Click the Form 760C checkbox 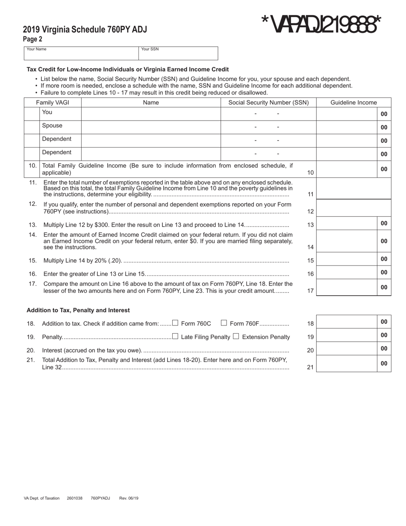[x=175, y=323]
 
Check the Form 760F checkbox [x=224, y=323]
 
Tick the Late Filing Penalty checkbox [x=175, y=337]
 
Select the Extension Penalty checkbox [x=235, y=337]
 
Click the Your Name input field [x=81, y=55]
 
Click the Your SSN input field [x=178, y=55]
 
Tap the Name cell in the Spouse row [x=151, y=127]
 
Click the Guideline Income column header [x=353, y=103]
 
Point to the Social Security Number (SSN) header [x=268, y=103]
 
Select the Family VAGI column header [x=52, y=103]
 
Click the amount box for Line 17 [x=347, y=287]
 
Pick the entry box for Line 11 [x=353, y=189]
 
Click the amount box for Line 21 [x=347, y=363]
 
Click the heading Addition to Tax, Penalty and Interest [x=78, y=310]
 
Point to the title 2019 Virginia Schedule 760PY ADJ [x=85, y=30]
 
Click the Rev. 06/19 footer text [x=129, y=498]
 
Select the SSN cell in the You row [x=268, y=114]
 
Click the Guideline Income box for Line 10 [x=347, y=169]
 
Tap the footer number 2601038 [x=75, y=498]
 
